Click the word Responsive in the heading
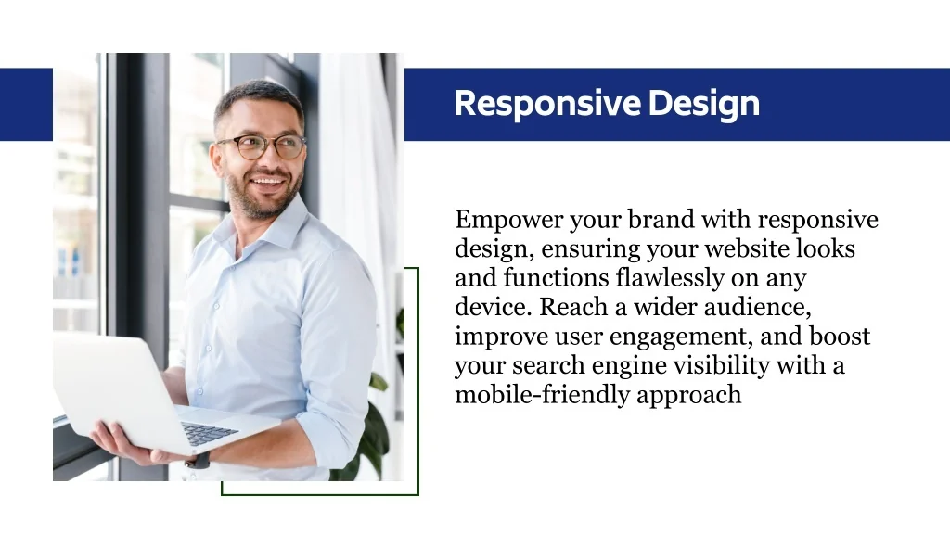547,104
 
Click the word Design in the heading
703,104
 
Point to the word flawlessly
670,278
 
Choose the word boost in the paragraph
840,336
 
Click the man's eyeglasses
262,147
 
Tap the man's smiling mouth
267,181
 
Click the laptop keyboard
210,434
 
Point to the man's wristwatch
198,460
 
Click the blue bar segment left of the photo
26,104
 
